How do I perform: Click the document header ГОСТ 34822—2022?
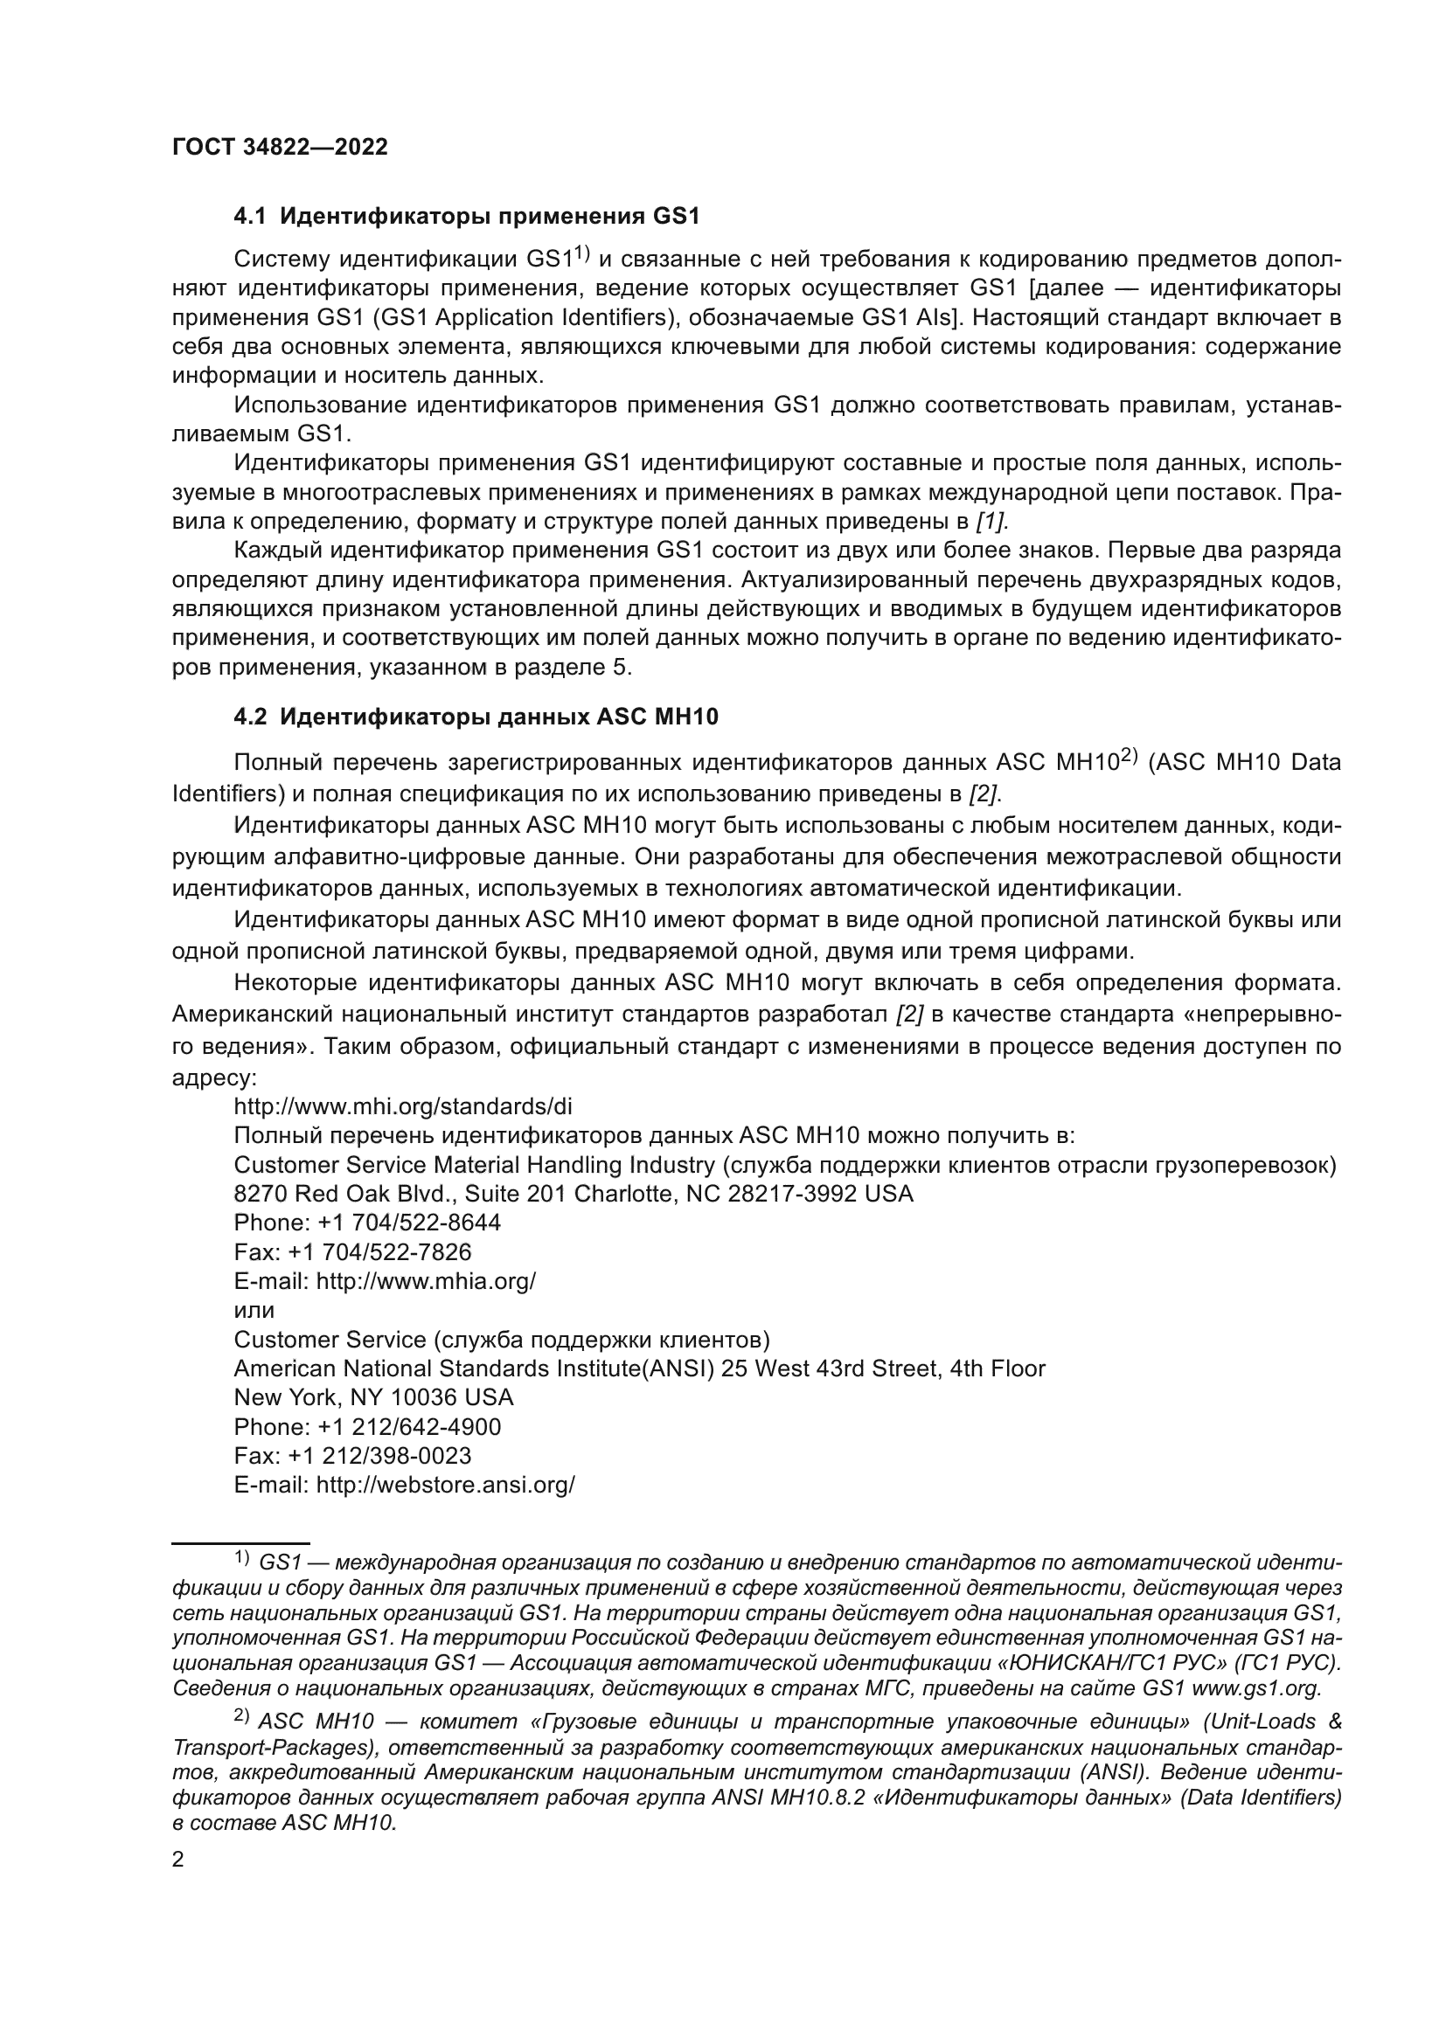(x=280, y=148)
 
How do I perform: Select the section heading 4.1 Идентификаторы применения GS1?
(x=467, y=217)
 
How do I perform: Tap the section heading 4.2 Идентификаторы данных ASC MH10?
(x=476, y=717)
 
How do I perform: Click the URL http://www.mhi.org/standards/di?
(x=402, y=1106)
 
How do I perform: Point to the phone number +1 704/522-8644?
(x=408, y=1223)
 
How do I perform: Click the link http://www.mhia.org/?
(x=426, y=1282)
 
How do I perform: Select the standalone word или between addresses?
(x=254, y=1311)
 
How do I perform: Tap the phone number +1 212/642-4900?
(x=408, y=1427)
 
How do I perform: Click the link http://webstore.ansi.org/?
(x=445, y=1486)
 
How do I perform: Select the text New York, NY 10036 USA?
(x=373, y=1397)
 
